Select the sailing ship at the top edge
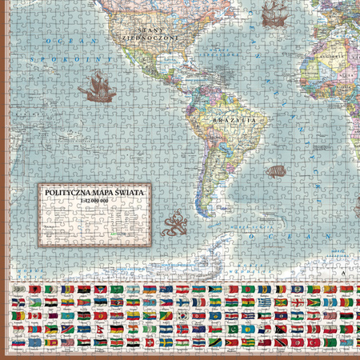[x=274, y=11]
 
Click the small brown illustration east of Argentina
[x=276, y=171]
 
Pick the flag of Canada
[x=34, y=316]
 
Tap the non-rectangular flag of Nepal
[x=100, y=330]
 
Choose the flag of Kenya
[x=83, y=317]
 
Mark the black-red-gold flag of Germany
[x=117, y=329]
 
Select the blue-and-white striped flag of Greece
[x=263, y=302]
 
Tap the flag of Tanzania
[x=213, y=342]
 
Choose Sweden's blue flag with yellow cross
[x=165, y=342]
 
